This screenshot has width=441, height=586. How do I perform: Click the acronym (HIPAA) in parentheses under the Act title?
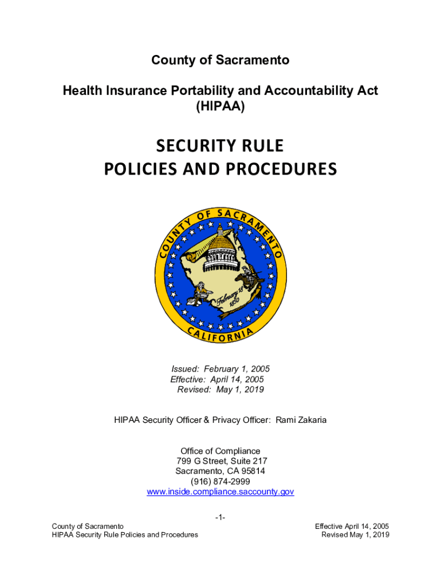tap(220, 106)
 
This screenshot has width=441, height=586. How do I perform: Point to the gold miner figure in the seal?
tap(201, 292)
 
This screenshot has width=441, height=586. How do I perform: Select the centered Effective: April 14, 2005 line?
tap(218, 379)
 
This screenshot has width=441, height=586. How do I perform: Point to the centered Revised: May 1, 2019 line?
tap(220, 390)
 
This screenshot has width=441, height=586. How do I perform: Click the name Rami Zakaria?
tap(301, 420)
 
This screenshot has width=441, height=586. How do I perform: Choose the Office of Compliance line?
tap(220, 451)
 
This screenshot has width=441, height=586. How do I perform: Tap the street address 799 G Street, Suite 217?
tap(221, 461)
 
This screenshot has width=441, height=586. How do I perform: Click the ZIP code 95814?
tap(252, 471)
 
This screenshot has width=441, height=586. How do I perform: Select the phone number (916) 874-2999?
tap(220, 481)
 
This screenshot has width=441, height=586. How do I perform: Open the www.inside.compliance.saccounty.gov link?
tap(220, 492)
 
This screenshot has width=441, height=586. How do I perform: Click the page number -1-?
tap(220, 518)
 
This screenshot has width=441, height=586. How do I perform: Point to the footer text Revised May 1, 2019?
tap(356, 534)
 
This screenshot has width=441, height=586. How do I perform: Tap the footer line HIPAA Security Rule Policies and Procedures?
tap(125, 534)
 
